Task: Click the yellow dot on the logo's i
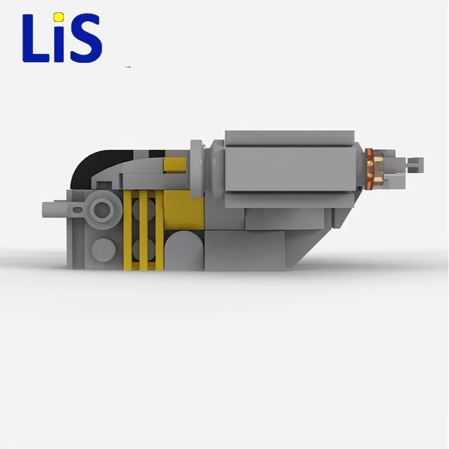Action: (x=59, y=17)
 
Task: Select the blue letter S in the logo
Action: (x=86, y=38)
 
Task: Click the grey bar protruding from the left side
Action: (x=55, y=209)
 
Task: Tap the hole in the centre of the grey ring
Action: (x=102, y=209)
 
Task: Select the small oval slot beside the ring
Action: (x=77, y=210)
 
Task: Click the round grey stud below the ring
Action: (x=103, y=250)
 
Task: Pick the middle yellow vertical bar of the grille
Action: (x=143, y=230)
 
